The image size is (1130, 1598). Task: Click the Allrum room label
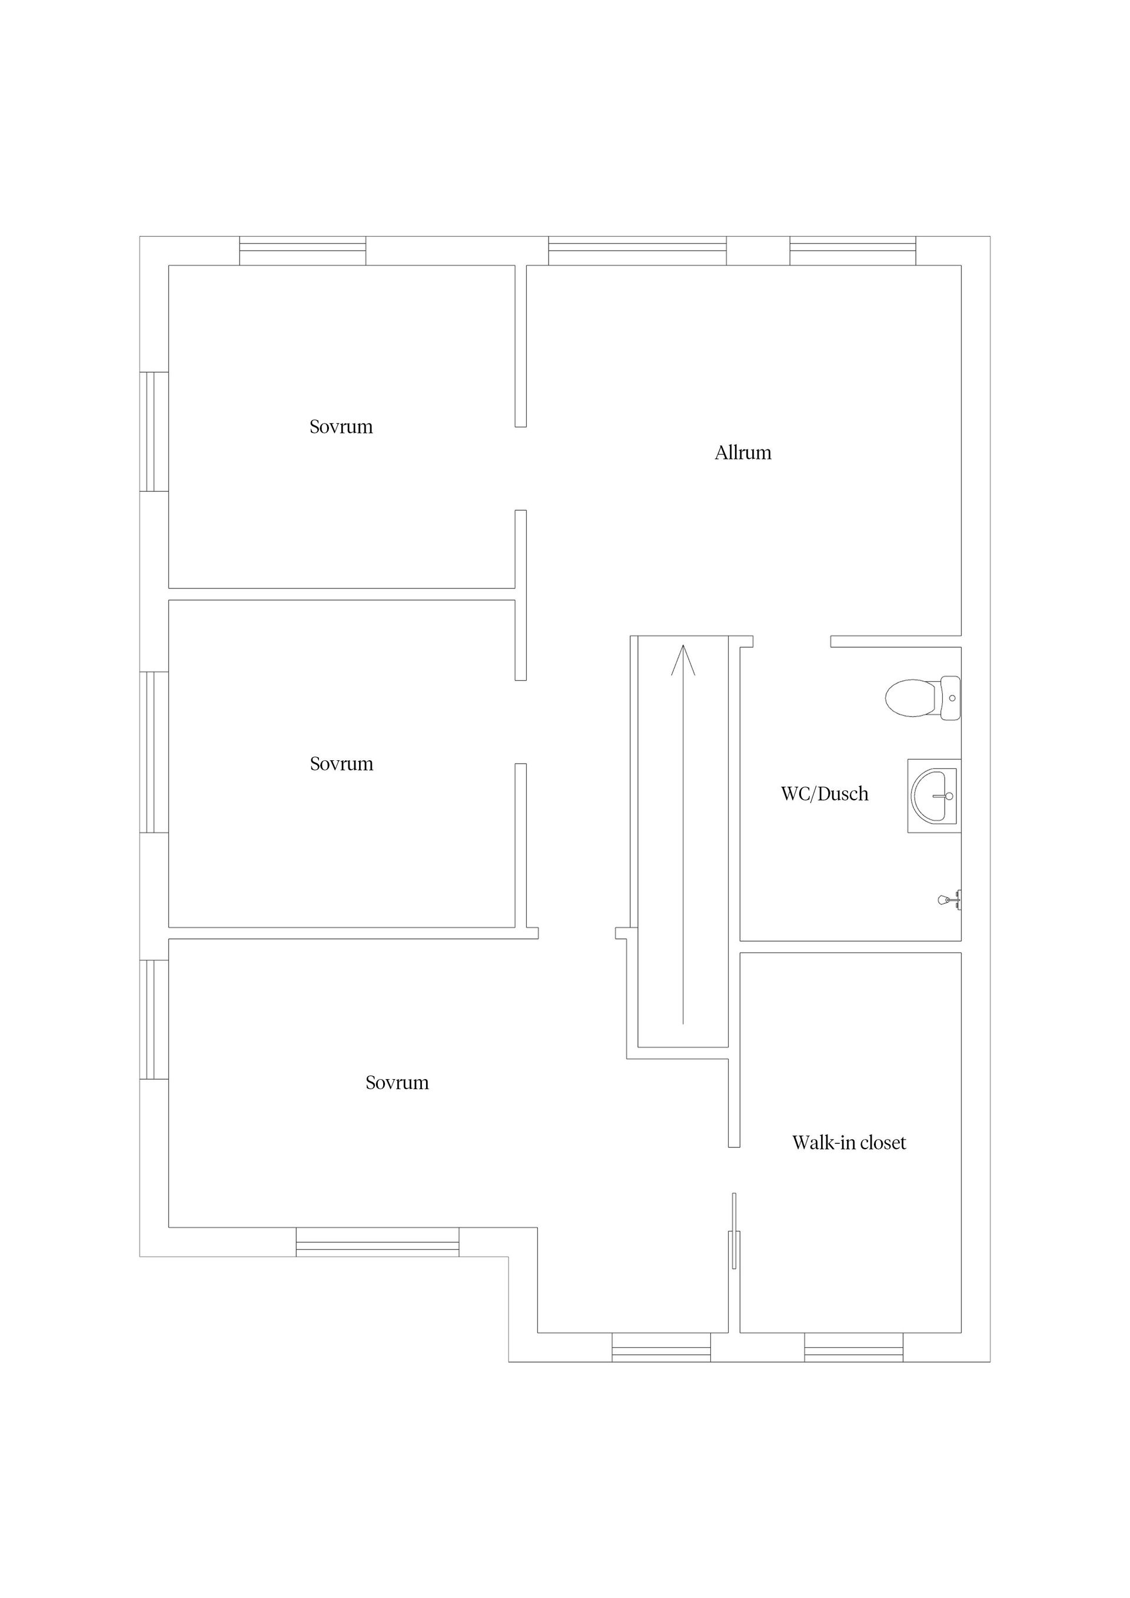tap(743, 453)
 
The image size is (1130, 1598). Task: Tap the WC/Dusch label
tap(825, 794)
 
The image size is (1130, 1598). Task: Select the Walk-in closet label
tap(849, 1143)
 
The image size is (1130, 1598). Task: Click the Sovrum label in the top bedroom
tap(341, 427)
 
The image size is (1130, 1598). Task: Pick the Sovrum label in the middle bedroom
tap(341, 764)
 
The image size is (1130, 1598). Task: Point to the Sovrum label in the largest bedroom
tap(397, 1083)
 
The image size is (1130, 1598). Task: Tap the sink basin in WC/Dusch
tap(933, 795)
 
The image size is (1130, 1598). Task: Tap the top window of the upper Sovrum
tap(303, 251)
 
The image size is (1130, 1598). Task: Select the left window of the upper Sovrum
tap(154, 431)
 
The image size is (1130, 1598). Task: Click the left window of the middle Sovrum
tap(154, 752)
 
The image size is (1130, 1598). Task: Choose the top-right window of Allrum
tap(852, 251)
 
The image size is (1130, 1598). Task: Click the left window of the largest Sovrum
tap(154, 1019)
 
